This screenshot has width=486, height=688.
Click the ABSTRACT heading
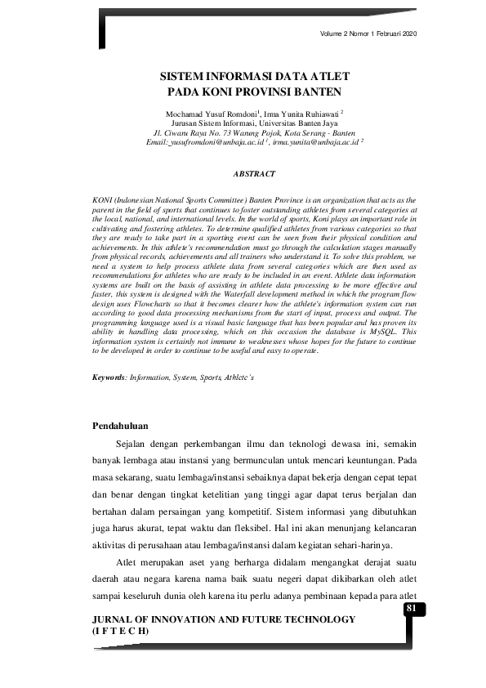[254, 174]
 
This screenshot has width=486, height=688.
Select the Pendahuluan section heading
[124, 425]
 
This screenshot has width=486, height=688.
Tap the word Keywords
[108, 379]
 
